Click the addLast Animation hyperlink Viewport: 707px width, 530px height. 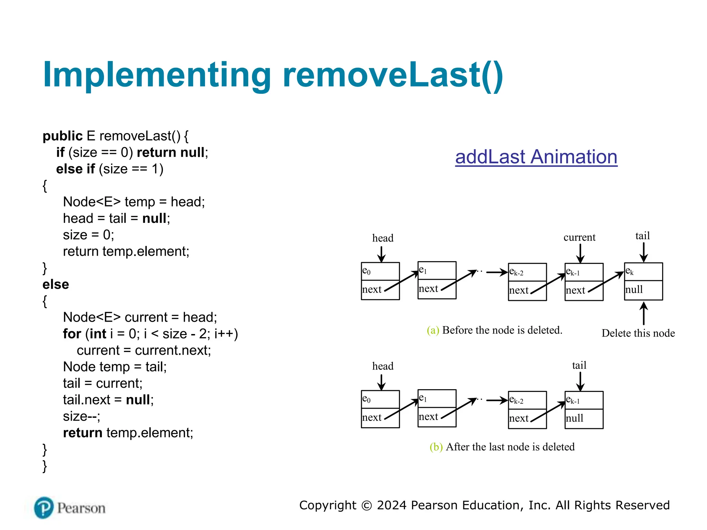pos(536,157)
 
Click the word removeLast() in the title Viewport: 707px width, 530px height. pos(393,75)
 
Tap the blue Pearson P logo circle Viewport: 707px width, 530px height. pos(43,508)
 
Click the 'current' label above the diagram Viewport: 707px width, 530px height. pos(579,237)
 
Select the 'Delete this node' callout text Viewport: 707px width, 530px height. pos(638,333)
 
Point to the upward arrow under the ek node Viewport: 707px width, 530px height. pos(643,313)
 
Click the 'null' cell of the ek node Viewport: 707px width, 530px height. pos(643,290)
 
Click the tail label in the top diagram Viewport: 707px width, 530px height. pos(642,236)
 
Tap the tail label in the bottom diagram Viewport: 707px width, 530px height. pos(579,365)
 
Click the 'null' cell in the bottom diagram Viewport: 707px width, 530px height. pos(583,419)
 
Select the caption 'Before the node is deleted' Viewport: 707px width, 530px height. pos(502,330)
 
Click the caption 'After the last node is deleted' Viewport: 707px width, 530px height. pos(510,447)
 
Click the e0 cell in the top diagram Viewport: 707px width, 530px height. pos(380,271)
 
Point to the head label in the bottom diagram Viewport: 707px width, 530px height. pos(382,366)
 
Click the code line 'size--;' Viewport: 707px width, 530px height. pos(81,416)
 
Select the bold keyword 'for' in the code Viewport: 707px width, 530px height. pos(72,334)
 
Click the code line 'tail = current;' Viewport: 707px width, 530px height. pos(103,383)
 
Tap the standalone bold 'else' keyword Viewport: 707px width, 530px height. pos(56,284)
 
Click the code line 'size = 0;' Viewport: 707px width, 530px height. pos(88,235)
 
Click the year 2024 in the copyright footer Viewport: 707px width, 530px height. pos(392,505)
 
